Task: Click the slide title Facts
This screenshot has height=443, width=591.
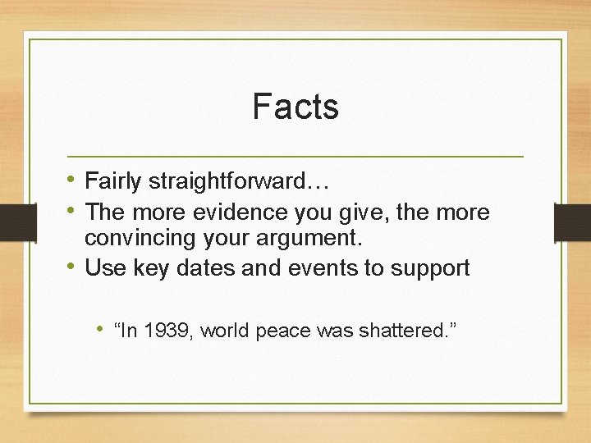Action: (295, 107)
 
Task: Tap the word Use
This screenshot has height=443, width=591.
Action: (103, 267)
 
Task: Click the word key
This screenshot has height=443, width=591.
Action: (149, 267)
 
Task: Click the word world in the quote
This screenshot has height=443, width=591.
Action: (225, 331)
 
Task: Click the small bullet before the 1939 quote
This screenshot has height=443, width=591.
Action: (98, 330)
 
